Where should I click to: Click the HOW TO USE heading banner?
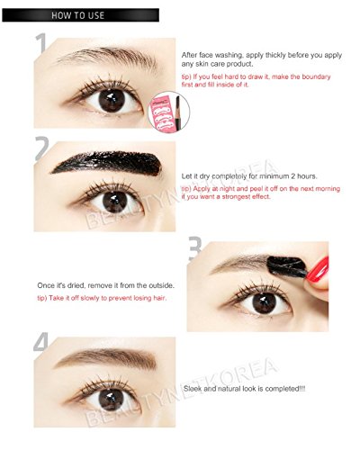pyautogui.click(x=80, y=15)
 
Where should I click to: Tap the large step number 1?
pyautogui.click(x=41, y=43)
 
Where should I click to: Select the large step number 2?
pyautogui.click(x=41, y=148)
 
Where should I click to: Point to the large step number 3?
pyautogui.click(x=194, y=248)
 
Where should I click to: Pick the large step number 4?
pyautogui.click(x=41, y=342)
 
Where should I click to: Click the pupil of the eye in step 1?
pyautogui.click(x=112, y=101)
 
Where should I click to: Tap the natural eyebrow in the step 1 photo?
pyautogui.click(x=105, y=57)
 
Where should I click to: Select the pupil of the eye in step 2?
pyautogui.click(x=115, y=202)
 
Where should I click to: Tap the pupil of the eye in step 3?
pyautogui.click(x=264, y=303)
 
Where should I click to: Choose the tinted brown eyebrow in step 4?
pyautogui.click(x=106, y=358)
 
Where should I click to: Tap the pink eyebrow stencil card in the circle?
pyautogui.click(x=163, y=112)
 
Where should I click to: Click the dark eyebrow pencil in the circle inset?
pyautogui.click(x=177, y=112)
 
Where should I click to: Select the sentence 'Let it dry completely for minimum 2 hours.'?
pyautogui.click(x=249, y=176)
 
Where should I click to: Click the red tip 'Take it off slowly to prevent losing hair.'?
pyautogui.click(x=102, y=298)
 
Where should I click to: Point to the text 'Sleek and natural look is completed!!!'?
pyautogui.click(x=245, y=389)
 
